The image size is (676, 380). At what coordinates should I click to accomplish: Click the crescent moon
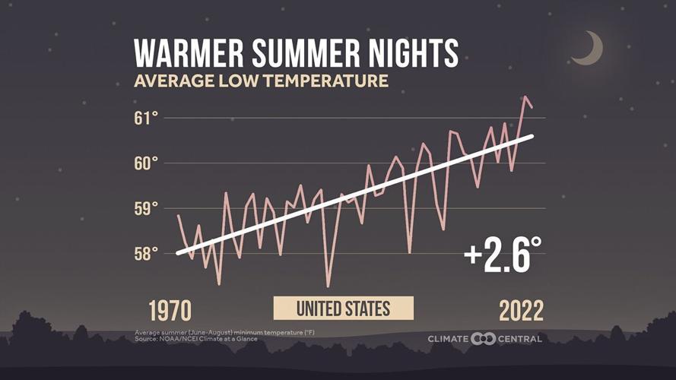[589, 49]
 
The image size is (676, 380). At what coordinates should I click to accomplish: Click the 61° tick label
[147, 118]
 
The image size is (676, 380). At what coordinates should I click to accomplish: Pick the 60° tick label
[147, 163]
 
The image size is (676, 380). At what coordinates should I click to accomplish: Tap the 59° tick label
[147, 208]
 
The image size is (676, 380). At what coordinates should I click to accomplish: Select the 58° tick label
[147, 253]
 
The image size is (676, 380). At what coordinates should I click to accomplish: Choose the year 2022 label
[521, 310]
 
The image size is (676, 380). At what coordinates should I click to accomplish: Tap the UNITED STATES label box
[343, 308]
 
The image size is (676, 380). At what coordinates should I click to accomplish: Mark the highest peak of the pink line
[525, 97]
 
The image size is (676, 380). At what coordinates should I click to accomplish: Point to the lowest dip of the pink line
[328, 287]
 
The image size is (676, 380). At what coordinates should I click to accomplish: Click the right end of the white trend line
[532, 136]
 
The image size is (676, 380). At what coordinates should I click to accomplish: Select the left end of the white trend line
[177, 253]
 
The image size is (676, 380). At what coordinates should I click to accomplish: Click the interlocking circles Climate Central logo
[483, 338]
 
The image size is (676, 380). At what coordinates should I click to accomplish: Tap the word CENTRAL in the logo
[520, 338]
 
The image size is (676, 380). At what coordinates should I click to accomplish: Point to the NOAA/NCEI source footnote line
[196, 338]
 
